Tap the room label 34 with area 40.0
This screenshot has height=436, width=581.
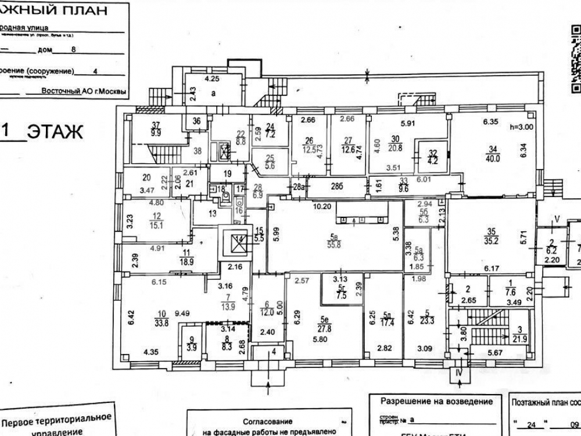(x=493, y=153)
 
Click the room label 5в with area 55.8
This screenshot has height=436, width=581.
(x=334, y=240)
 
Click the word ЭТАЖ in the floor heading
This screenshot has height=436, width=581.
(x=55, y=132)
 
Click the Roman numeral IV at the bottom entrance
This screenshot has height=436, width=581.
(x=458, y=373)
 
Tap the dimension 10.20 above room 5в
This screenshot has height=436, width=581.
(x=322, y=206)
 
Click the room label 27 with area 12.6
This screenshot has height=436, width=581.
(x=348, y=144)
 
